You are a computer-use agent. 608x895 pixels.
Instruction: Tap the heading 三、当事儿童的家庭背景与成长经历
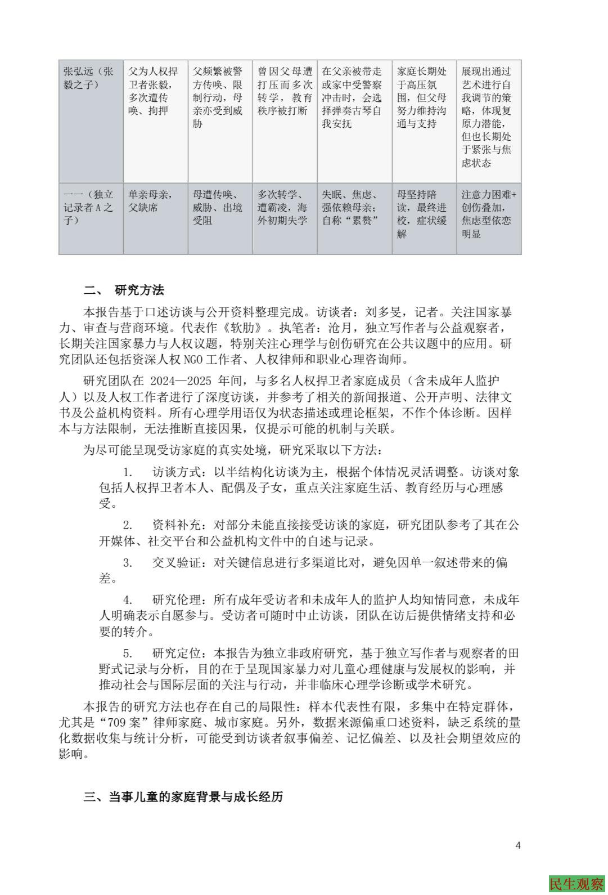183,796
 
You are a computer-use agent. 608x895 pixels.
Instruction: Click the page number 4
518,845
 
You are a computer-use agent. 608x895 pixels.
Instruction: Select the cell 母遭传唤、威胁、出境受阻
218,207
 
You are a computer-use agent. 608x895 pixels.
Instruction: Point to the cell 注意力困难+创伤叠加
488,214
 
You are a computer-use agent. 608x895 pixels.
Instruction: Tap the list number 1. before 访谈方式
128,472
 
